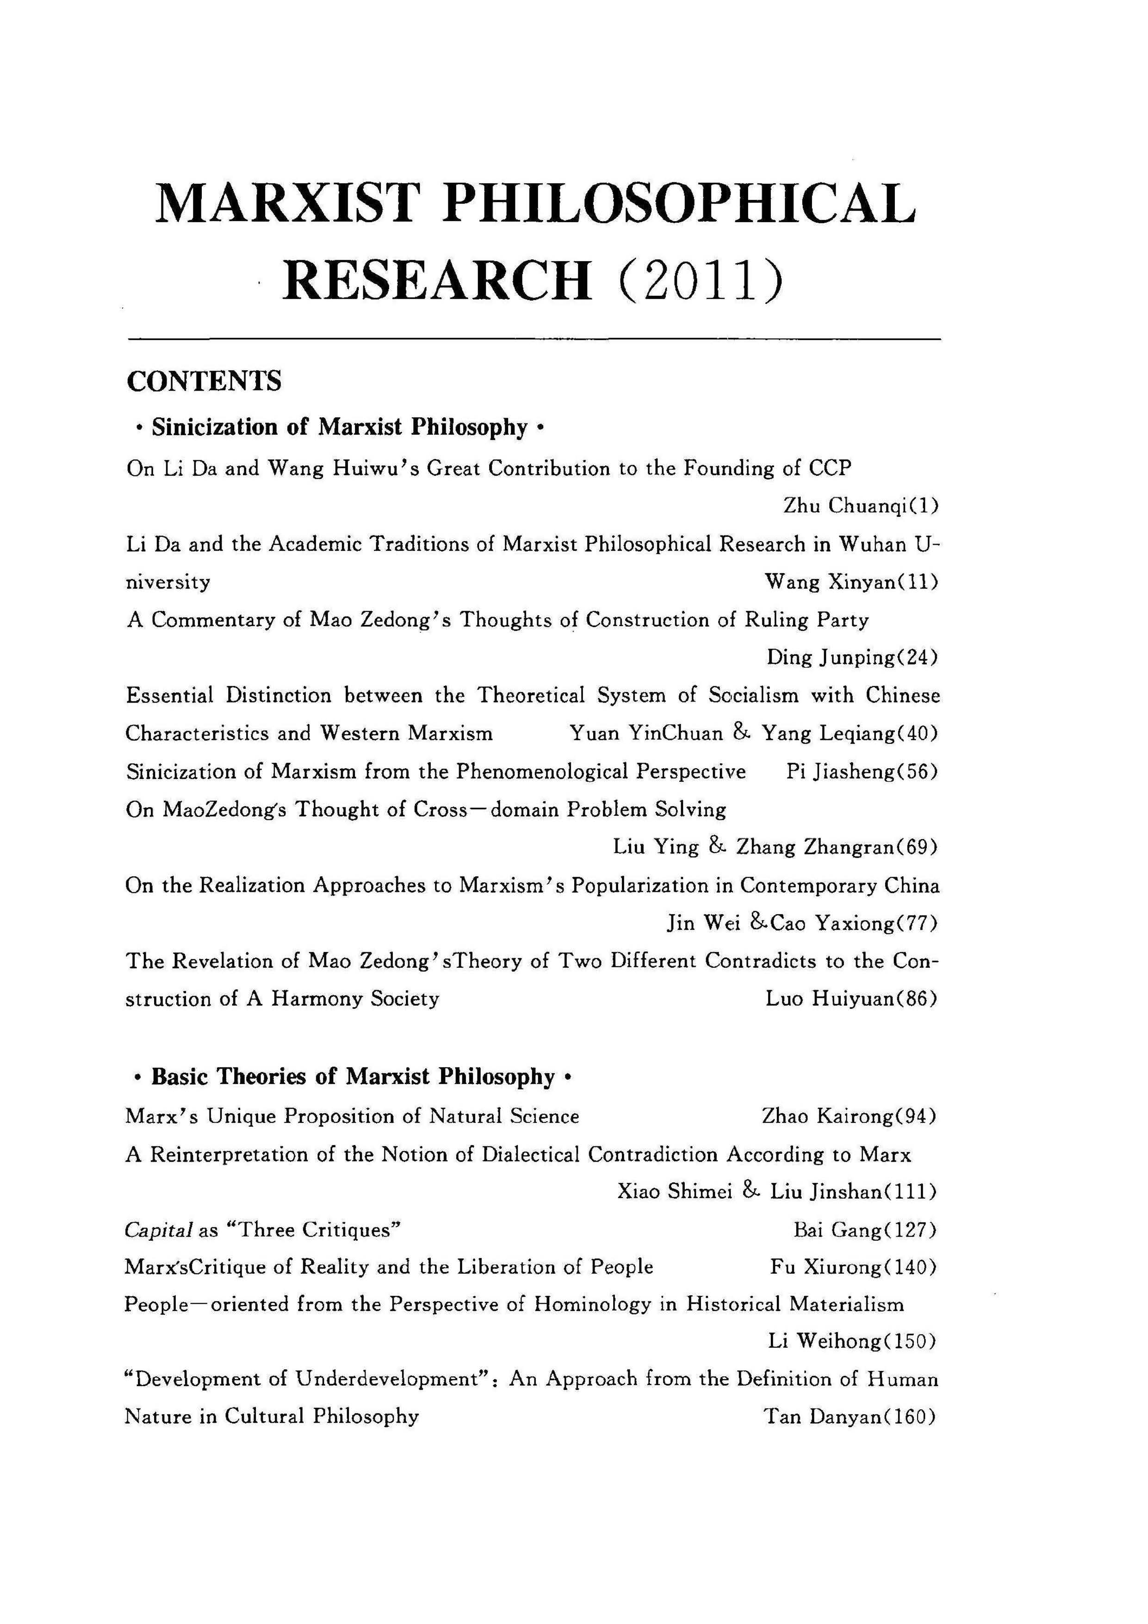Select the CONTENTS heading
[x=204, y=381]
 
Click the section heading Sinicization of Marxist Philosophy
[x=340, y=427]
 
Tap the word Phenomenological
[x=541, y=771]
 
